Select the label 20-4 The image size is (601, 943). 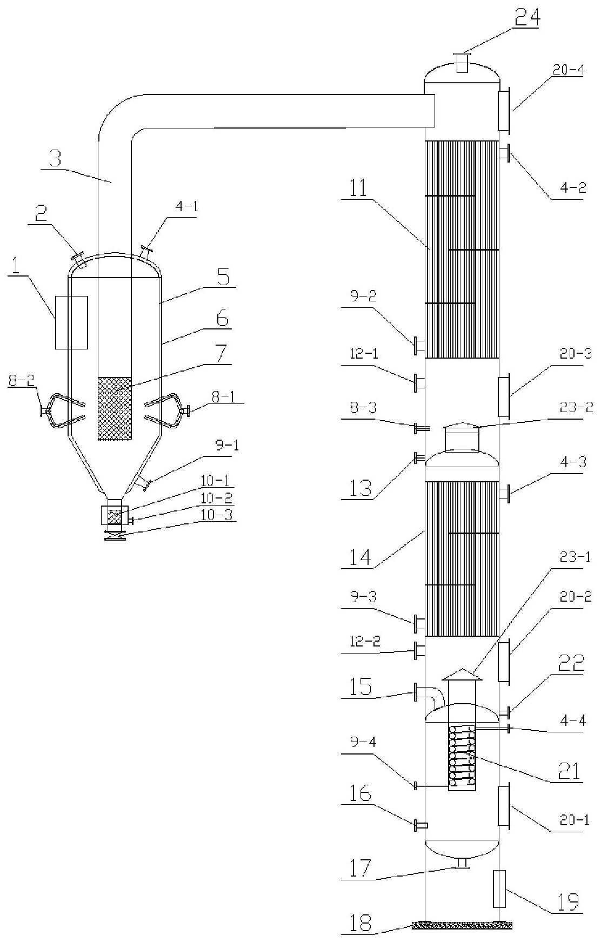tap(567, 70)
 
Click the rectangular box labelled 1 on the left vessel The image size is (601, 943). tap(71, 322)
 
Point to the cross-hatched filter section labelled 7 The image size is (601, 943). tap(114, 408)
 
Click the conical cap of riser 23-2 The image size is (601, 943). tap(461, 425)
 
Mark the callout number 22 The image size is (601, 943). tap(570, 662)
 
